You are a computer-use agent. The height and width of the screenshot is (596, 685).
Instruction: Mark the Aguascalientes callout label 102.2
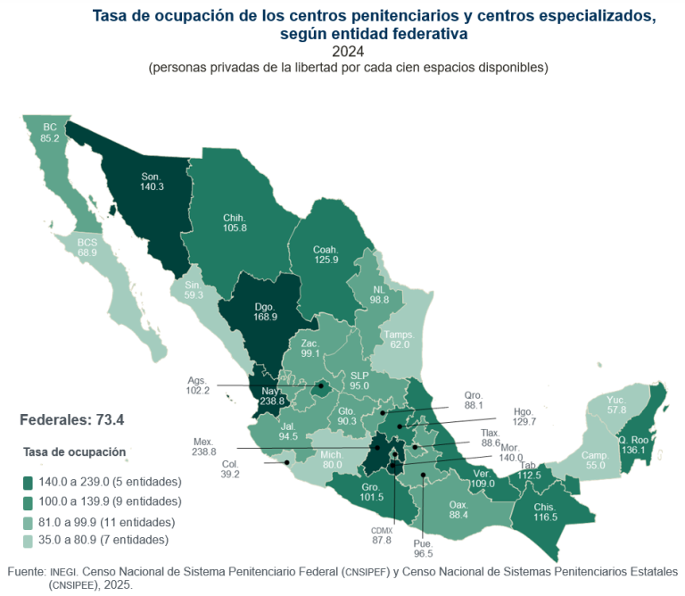point(198,385)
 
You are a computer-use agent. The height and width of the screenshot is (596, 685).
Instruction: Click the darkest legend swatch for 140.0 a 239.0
point(29,482)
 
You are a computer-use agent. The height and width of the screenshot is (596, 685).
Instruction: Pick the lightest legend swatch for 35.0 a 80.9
point(29,540)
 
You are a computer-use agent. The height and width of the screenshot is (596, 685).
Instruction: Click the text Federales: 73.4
point(71,419)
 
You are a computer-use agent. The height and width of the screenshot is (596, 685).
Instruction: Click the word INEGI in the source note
point(64,571)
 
